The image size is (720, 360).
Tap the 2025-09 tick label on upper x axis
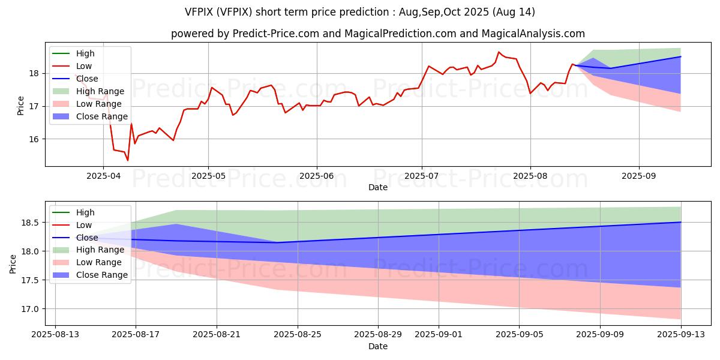click(638, 176)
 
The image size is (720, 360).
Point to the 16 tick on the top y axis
click(34, 139)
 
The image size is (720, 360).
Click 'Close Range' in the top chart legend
click(101, 116)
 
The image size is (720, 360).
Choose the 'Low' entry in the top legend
click(84, 66)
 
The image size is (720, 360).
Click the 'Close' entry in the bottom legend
click(87, 238)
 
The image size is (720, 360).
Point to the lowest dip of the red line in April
click(127, 160)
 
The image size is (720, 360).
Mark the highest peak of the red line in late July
click(499, 52)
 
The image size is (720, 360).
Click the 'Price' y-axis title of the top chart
click(21, 106)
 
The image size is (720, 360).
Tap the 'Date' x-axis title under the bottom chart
click(378, 346)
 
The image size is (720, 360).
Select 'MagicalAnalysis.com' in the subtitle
click(529, 34)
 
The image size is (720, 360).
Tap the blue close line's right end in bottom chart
click(680, 223)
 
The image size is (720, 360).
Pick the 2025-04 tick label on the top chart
click(103, 176)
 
